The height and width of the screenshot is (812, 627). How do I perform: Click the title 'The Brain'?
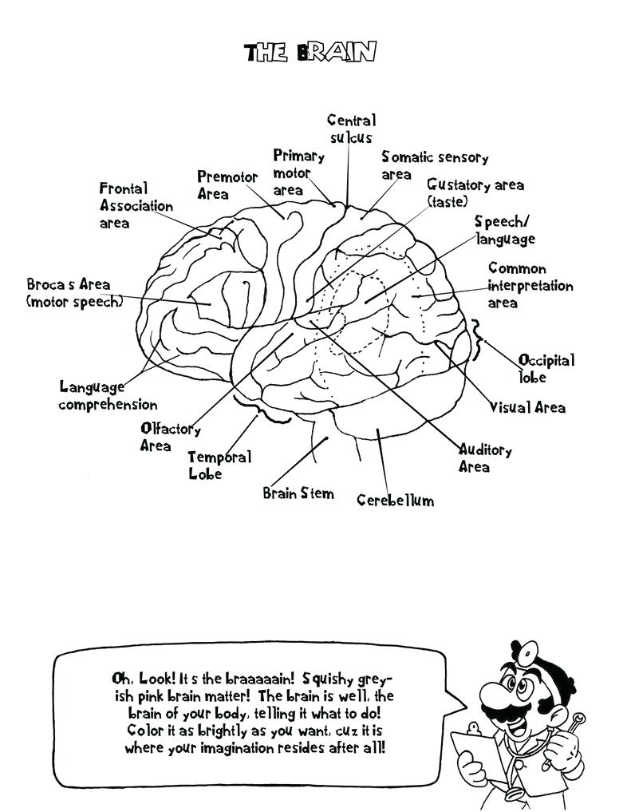(x=310, y=53)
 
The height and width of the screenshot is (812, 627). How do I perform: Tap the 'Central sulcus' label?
(x=351, y=129)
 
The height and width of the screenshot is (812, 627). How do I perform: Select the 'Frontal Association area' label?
(x=136, y=206)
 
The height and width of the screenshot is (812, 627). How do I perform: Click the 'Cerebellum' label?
(x=395, y=501)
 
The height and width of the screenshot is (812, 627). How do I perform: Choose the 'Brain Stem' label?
(x=298, y=493)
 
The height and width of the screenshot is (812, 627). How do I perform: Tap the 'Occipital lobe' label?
(x=546, y=368)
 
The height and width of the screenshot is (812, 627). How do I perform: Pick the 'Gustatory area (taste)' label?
(x=475, y=192)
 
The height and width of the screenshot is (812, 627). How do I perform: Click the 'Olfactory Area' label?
(x=170, y=437)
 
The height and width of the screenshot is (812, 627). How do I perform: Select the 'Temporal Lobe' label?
(x=219, y=465)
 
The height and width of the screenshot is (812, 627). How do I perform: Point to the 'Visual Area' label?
(x=527, y=407)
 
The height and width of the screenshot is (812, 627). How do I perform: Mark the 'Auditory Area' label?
(x=484, y=458)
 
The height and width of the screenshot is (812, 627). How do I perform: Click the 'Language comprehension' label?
(x=108, y=395)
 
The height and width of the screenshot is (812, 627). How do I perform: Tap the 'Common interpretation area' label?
(x=530, y=286)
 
